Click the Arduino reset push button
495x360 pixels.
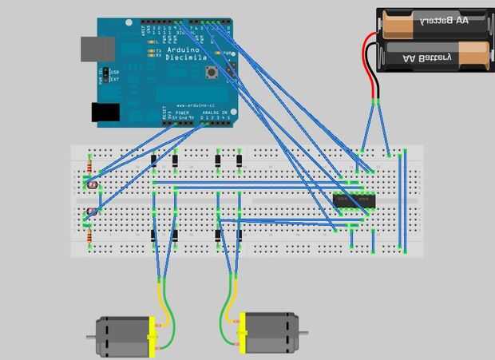coord(212,74)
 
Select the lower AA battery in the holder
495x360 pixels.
coord(435,56)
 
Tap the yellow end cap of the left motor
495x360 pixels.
coord(150,337)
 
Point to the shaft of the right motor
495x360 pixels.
coord(303,332)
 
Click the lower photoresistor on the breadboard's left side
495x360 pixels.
coord(92,212)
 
